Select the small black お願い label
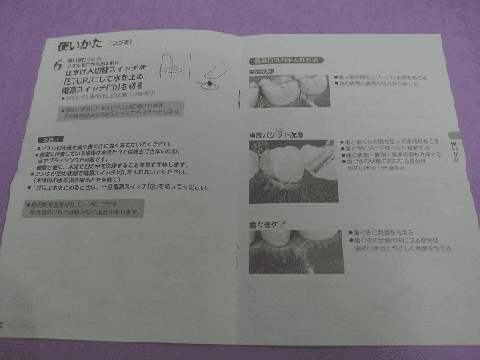point(47,137)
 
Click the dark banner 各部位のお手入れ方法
point(285,61)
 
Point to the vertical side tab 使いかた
point(454,148)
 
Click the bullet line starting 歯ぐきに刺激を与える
point(383,230)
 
